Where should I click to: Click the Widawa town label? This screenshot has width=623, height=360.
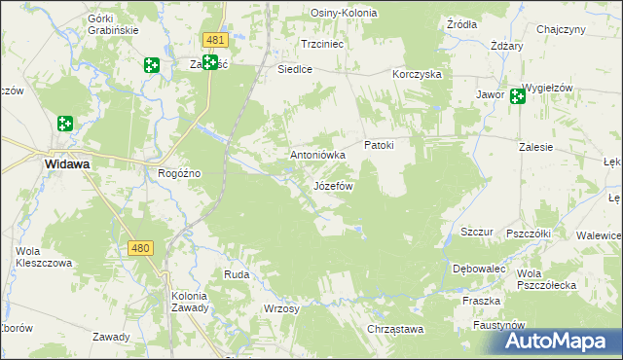[x=67, y=164]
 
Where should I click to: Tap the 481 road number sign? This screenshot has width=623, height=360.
[x=216, y=40]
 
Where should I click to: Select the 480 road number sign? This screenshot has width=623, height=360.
[x=140, y=248]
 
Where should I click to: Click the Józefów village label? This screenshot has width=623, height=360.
[x=333, y=185]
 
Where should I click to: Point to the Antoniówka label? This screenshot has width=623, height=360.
[x=318, y=155]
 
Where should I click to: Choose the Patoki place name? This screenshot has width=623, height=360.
[x=379, y=146]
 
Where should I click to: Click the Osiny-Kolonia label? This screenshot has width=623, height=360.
[x=344, y=13]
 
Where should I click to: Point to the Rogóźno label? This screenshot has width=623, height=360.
[x=179, y=173]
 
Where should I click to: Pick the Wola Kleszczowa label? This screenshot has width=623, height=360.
[x=44, y=257]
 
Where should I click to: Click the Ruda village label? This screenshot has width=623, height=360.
[x=237, y=274]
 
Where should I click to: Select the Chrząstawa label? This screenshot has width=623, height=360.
[x=395, y=329]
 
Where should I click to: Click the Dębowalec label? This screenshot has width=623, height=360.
[x=478, y=268]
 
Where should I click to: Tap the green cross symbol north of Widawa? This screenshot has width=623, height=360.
[x=65, y=124]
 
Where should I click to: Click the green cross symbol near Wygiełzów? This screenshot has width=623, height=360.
[x=517, y=95]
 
